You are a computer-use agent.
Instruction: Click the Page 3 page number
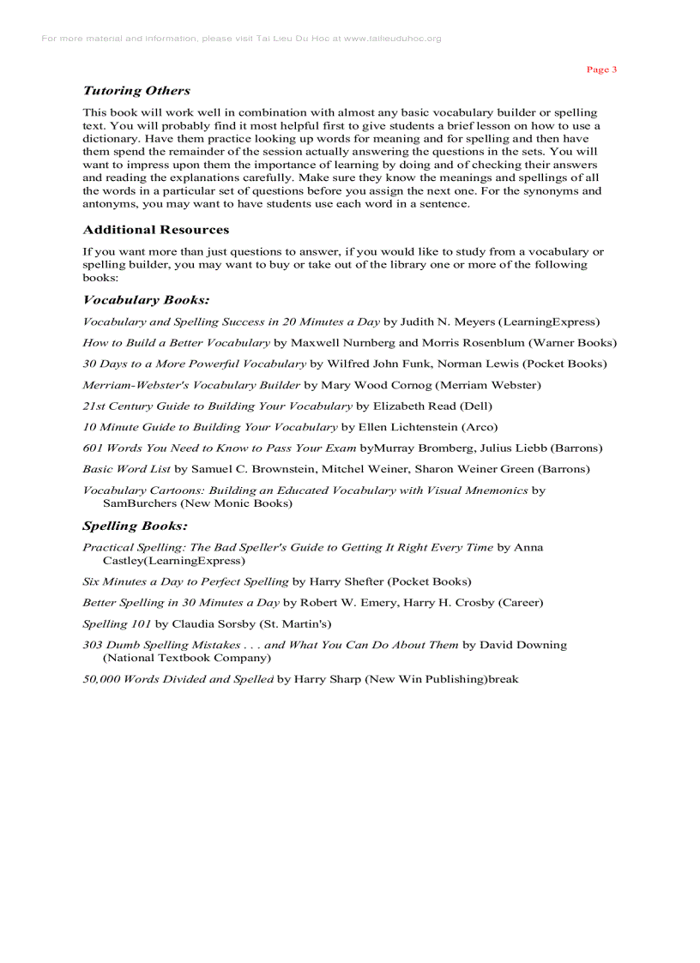(x=601, y=69)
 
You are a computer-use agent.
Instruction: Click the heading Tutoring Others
(x=136, y=90)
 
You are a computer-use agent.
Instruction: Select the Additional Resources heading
(x=156, y=230)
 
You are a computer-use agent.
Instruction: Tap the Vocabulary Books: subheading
(x=146, y=300)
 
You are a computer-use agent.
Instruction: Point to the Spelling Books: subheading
(x=135, y=526)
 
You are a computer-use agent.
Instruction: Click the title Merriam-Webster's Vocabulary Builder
(x=191, y=385)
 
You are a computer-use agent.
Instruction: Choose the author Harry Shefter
(x=347, y=581)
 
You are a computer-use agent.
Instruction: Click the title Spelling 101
(x=117, y=623)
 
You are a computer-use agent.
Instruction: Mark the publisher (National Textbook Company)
(x=187, y=658)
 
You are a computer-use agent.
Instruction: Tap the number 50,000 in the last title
(x=101, y=679)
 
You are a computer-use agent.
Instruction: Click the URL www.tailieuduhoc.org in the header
(x=392, y=39)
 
